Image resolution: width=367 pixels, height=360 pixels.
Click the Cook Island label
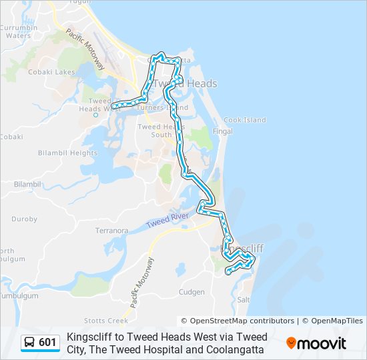click(244, 121)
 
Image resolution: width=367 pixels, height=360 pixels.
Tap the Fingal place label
click(222, 131)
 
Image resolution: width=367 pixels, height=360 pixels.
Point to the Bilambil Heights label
click(67, 153)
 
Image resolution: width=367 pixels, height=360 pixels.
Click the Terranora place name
click(111, 231)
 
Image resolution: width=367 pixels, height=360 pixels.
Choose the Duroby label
click(25, 219)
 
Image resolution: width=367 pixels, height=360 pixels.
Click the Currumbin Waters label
click(18, 31)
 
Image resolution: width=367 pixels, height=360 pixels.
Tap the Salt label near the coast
click(243, 301)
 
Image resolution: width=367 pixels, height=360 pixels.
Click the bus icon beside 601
click(30, 343)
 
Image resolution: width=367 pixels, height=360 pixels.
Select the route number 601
click(47, 343)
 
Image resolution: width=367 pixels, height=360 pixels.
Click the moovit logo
click(316, 343)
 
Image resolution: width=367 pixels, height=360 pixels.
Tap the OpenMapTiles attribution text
click(337, 321)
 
